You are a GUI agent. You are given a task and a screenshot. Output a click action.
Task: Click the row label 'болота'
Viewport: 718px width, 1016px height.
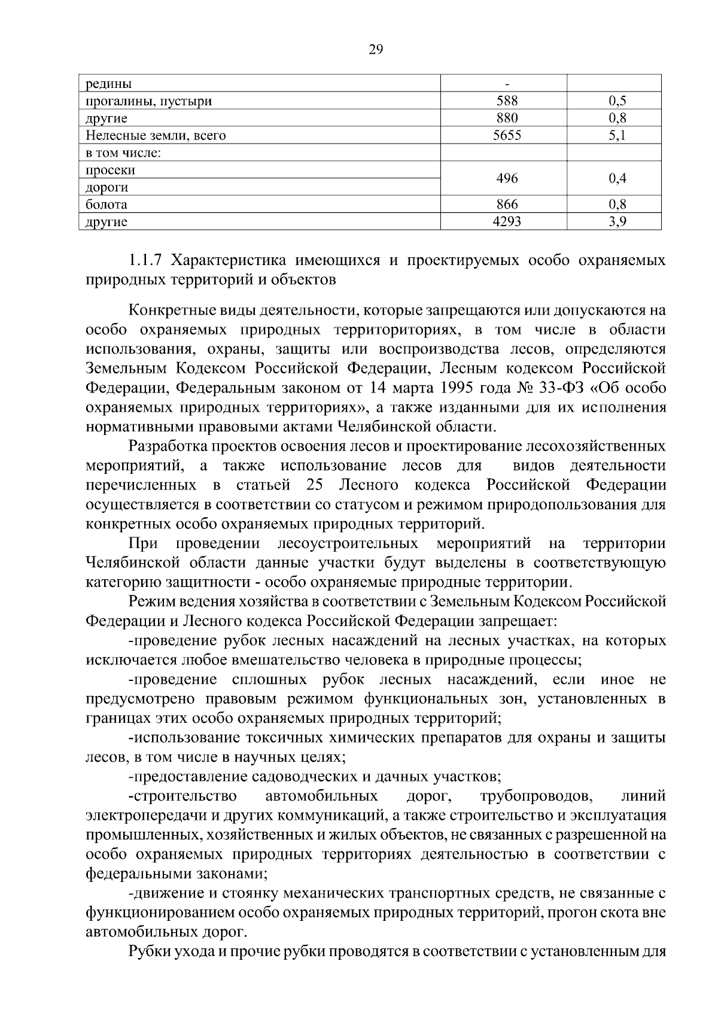[106, 205]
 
